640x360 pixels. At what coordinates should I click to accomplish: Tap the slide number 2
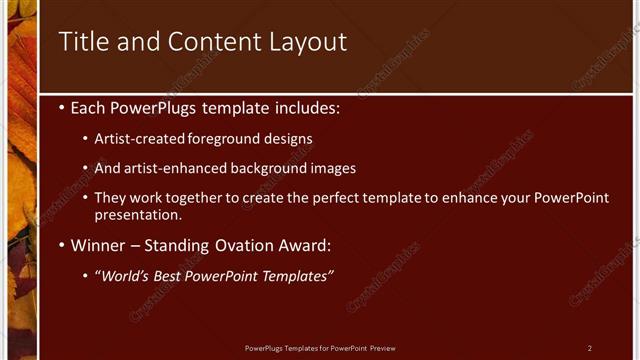click(x=590, y=348)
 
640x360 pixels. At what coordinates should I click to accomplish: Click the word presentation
click(x=137, y=214)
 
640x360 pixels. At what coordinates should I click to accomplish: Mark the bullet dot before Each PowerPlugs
click(x=63, y=106)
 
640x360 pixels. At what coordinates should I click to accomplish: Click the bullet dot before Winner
click(x=63, y=245)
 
